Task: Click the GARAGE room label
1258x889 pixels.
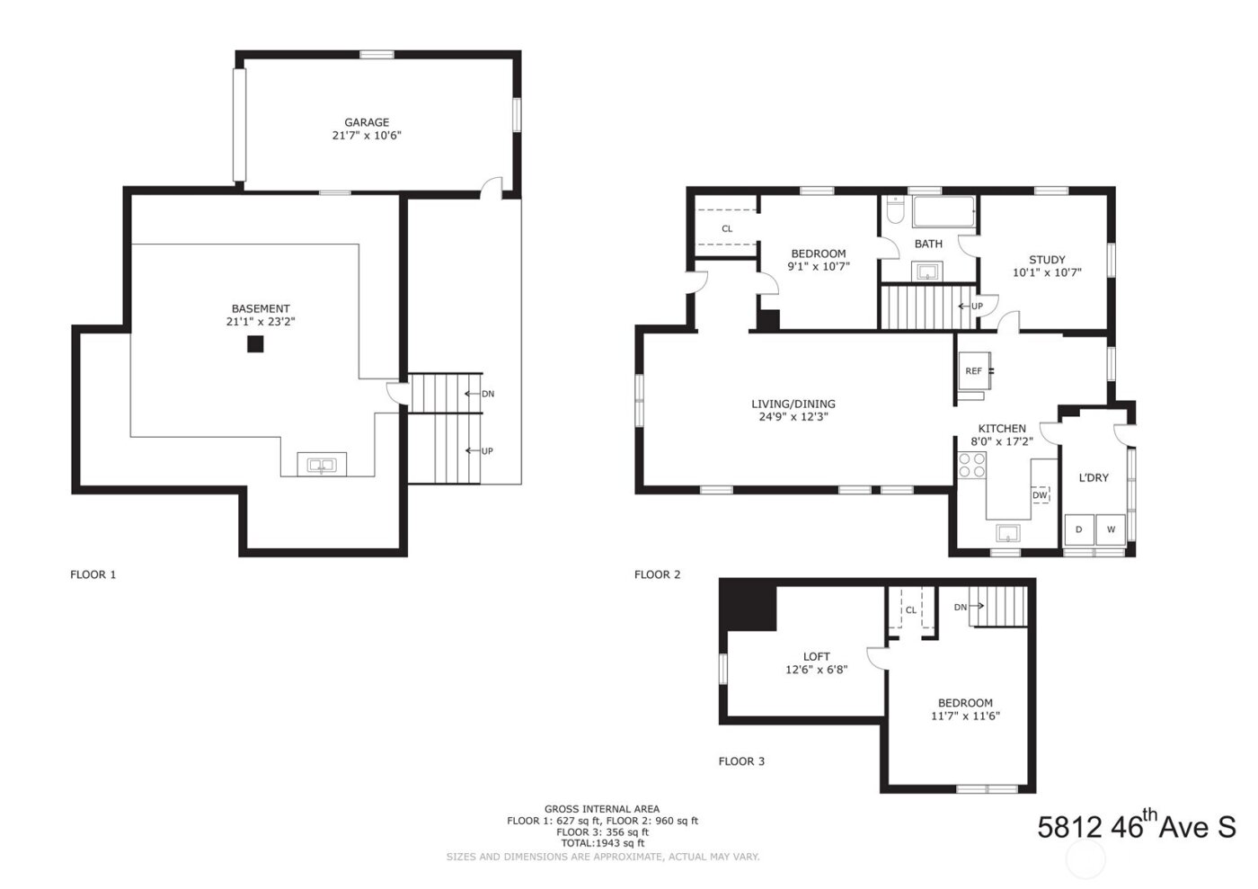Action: click(367, 122)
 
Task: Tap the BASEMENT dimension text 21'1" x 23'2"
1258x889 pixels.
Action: click(261, 322)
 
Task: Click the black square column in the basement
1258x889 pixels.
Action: click(256, 343)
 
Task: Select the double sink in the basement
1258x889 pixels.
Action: click(321, 465)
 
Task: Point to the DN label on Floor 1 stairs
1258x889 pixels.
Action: click(487, 394)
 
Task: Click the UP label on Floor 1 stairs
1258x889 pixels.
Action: click(487, 451)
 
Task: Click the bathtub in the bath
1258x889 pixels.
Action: click(943, 214)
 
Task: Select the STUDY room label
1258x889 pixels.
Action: click(1047, 260)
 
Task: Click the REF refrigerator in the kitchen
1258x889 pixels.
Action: click(974, 370)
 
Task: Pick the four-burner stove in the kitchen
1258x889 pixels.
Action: click(971, 465)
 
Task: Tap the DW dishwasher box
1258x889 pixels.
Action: click(1040, 495)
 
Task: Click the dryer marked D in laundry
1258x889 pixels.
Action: click(1079, 529)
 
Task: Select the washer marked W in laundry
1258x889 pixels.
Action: click(1111, 529)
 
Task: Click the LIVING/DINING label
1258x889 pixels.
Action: click(793, 404)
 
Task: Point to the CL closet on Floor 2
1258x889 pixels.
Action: click(727, 228)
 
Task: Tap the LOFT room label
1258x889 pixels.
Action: click(816, 656)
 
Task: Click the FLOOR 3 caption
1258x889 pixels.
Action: click(741, 761)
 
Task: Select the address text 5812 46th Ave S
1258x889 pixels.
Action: click(1137, 826)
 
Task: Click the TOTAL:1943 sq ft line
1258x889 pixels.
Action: click(602, 843)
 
